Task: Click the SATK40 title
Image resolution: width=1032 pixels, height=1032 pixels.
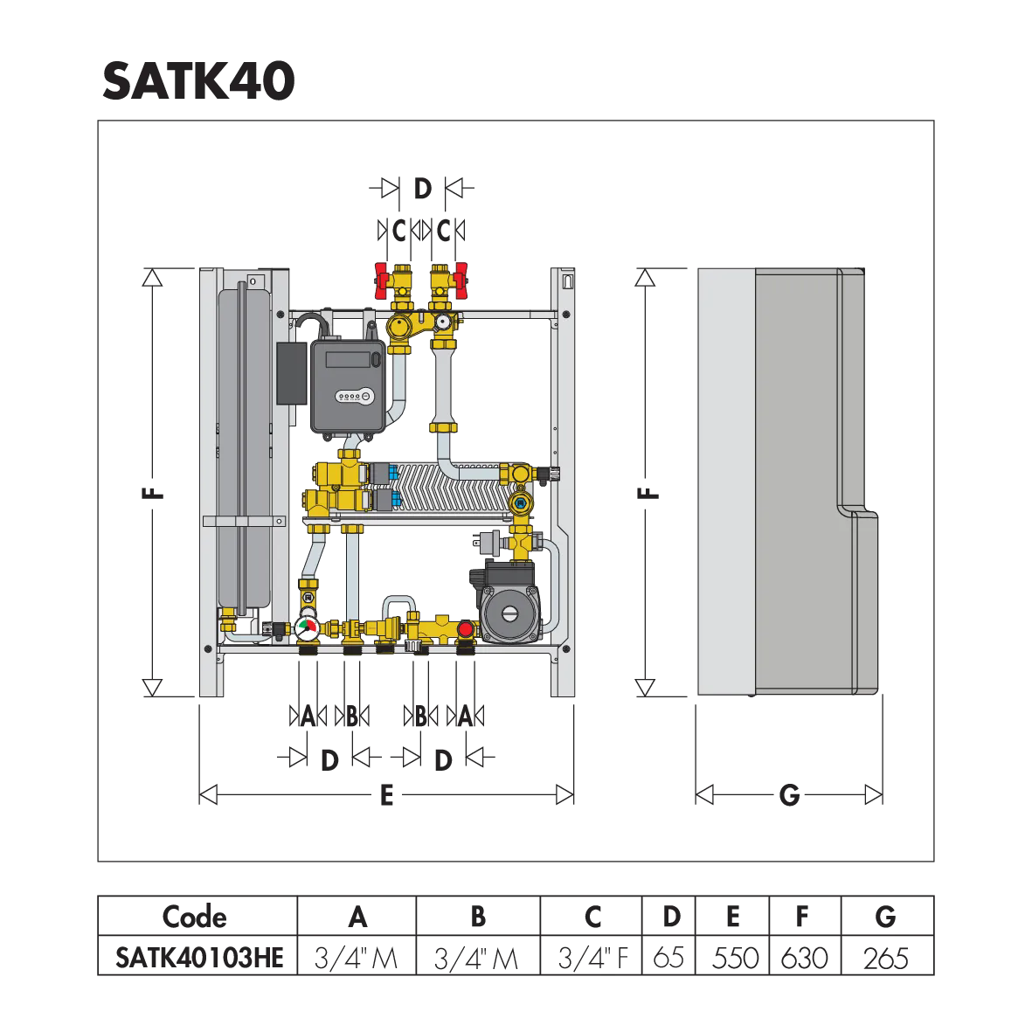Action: click(198, 81)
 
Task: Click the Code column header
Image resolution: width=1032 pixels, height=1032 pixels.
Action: click(195, 917)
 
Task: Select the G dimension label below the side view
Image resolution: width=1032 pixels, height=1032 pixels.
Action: click(789, 795)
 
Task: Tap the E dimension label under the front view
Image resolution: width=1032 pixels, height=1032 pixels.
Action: click(387, 795)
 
